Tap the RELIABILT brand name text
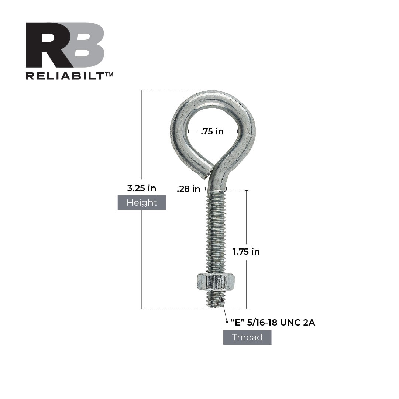65,76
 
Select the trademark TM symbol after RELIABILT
109,75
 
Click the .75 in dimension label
212,131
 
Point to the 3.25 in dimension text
141,188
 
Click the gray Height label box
141,202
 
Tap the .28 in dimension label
188,189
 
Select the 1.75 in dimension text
246,252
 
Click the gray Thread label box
247,337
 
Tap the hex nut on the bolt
216,282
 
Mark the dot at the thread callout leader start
227,322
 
